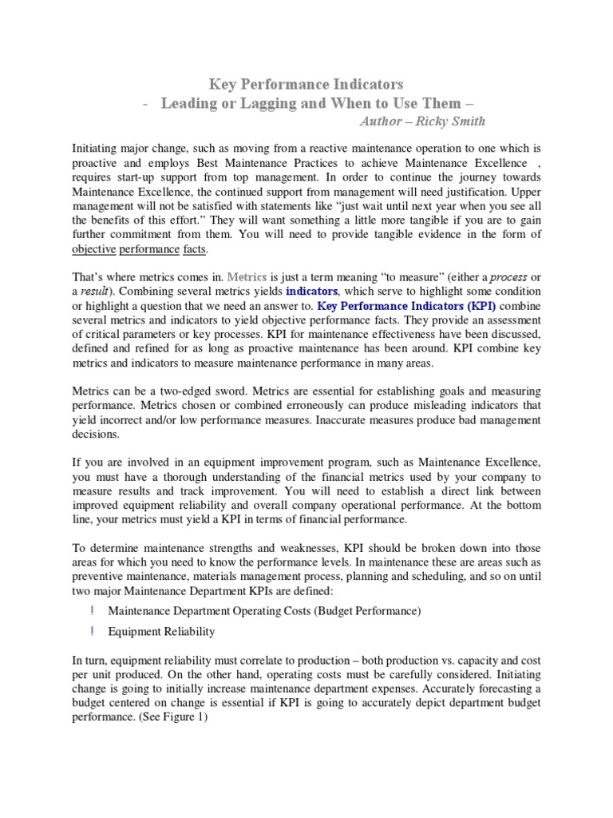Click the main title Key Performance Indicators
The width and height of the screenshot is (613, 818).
(306, 83)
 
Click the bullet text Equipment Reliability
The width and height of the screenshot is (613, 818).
(161, 631)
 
